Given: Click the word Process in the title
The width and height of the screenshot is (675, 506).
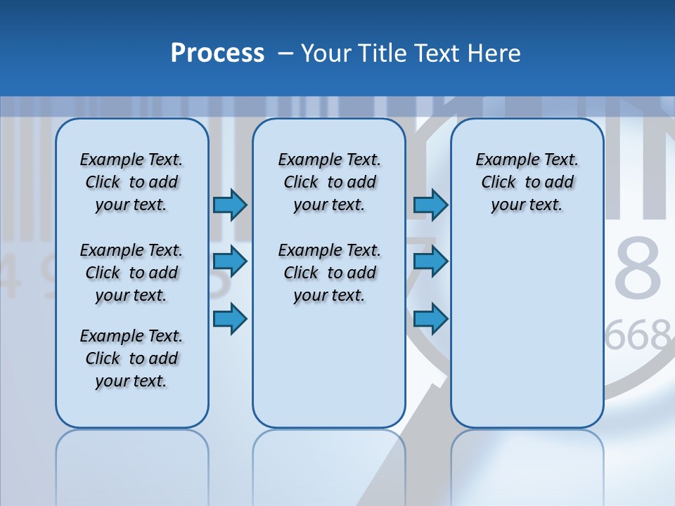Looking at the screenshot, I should tap(217, 53).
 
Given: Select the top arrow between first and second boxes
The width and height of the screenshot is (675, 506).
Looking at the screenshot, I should tap(230, 205).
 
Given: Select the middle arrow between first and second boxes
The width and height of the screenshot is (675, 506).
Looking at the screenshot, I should tap(230, 261).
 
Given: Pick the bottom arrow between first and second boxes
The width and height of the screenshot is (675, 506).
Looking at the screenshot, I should tap(230, 318).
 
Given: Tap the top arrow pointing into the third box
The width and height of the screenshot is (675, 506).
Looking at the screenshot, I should tap(430, 205).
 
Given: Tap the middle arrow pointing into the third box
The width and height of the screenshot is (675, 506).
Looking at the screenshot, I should tap(430, 261).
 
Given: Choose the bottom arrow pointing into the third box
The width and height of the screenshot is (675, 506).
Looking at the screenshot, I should tap(430, 318).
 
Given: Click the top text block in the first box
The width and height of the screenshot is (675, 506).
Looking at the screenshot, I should tap(131, 182).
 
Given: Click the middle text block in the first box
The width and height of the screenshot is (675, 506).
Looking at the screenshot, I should tap(131, 273).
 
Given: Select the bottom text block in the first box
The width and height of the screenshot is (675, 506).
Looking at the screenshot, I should tap(131, 358).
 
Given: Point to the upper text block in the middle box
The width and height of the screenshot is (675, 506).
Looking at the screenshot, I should tap(329, 182).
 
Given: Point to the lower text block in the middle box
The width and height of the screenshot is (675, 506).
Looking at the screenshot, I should tap(329, 273).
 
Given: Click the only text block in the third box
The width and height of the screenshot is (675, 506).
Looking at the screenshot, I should tap(527, 182).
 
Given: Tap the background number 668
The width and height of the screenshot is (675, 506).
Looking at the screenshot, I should tap(638, 337).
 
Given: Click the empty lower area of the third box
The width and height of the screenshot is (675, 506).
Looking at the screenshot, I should tap(527, 330).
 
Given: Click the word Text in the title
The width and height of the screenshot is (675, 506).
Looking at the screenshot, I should tap(437, 53).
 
